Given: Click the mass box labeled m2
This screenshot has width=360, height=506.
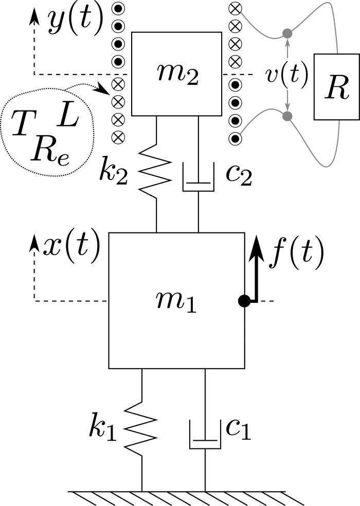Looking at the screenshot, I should pyautogui.click(x=176, y=74).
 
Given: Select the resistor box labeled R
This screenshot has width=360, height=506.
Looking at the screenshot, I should pyautogui.click(x=333, y=86).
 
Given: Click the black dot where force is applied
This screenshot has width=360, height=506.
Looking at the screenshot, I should pyautogui.click(x=244, y=301).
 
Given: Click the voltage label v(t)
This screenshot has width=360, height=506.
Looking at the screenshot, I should pyautogui.click(x=287, y=75).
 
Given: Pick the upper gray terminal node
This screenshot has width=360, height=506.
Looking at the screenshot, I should pyautogui.click(x=287, y=34).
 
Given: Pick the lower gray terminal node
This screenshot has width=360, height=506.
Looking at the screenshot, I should pyautogui.click(x=287, y=116).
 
